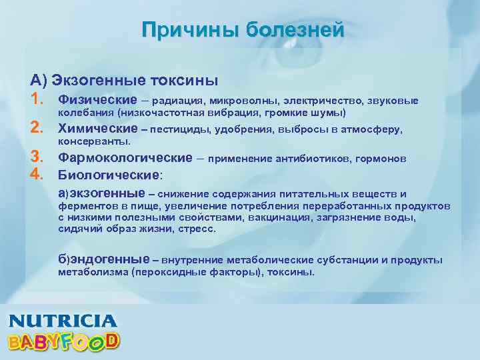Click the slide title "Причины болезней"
pyautogui.click(x=243, y=30)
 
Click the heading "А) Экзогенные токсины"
pyautogui.click(x=124, y=81)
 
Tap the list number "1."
pyautogui.click(x=37, y=100)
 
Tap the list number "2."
pyautogui.click(x=37, y=129)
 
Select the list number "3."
pyautogui.click(x=37, y=158)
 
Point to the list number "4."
pyautogui.click(x=37, y=175)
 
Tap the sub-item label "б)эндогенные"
pyautogui.click(x=103, y=259)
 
